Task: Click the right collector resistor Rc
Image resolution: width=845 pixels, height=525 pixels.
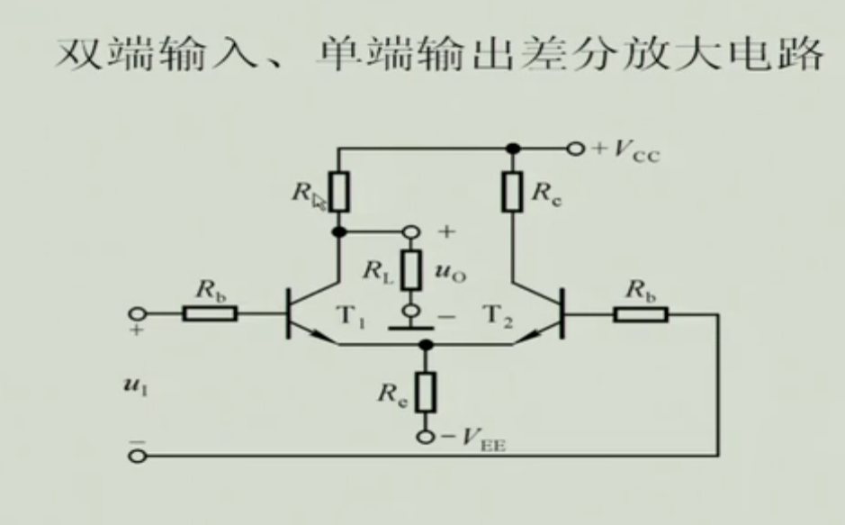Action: click(512, 192)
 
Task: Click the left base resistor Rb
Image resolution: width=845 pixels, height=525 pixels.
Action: click(210, 313)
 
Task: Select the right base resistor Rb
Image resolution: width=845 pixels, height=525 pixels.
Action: click(640, 313)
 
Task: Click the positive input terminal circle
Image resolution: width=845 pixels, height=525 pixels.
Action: click(137, 313)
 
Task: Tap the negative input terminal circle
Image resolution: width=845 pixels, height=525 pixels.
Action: click(137, 456)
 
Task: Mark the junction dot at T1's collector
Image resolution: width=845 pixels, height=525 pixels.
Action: click(339, 232)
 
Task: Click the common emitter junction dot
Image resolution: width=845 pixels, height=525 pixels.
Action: click(426, 344)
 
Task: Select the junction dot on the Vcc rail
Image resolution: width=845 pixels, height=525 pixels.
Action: click(512, 148)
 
